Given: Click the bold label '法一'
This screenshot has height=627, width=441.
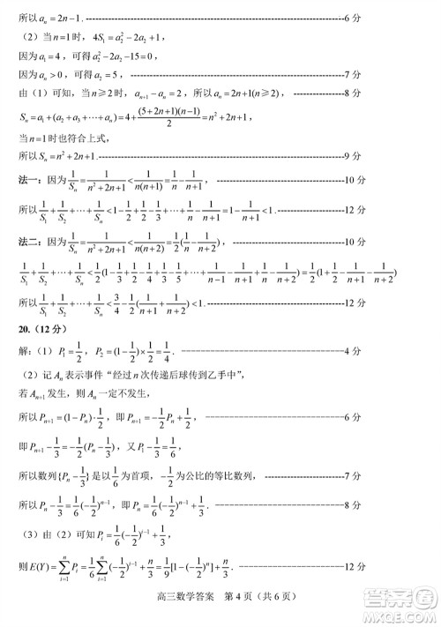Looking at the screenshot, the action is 30,181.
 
